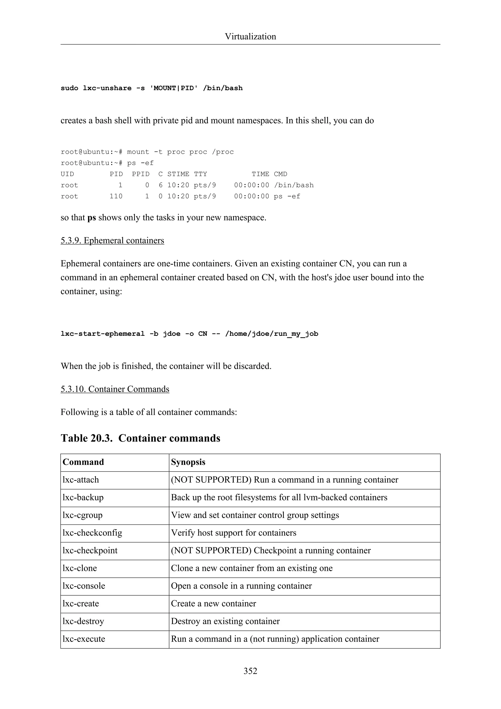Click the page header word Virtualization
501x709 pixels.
[250, 36]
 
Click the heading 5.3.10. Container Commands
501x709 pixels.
[115, 389]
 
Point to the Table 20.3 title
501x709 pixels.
[140, 438]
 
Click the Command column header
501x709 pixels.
[83, 462]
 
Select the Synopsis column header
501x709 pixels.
[188, 462]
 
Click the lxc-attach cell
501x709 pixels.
[81, 480]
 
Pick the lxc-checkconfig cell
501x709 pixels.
[92, 533]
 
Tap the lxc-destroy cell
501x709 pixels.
[83, 621]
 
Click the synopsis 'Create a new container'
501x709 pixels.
[214, 603]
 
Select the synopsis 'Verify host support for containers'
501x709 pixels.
[234, 533]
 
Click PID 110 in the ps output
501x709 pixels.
[116, 196]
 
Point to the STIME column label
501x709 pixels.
[178, 174]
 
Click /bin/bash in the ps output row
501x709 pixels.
[294, 185]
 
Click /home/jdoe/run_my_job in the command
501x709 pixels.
[272, 334]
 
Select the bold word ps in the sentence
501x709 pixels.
[92, 218]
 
